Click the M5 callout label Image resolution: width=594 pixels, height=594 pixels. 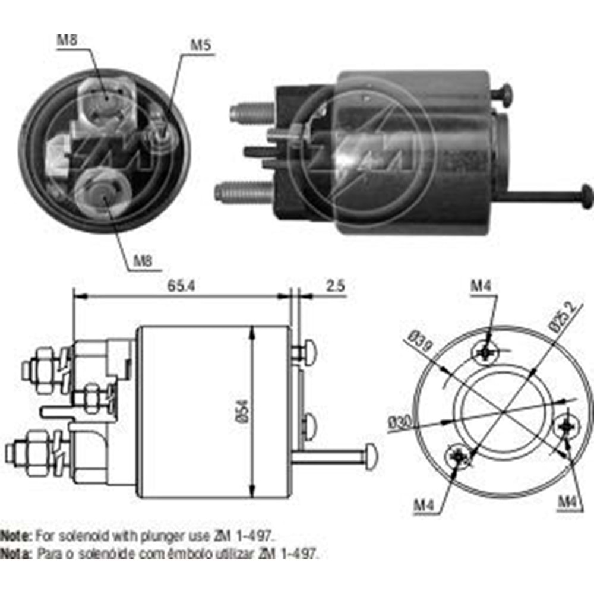coord(200,45)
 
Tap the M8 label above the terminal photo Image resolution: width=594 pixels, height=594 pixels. coord(68,41)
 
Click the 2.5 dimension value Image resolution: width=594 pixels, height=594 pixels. coord(335,286)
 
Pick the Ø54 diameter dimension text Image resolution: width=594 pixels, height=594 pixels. coord(245,410)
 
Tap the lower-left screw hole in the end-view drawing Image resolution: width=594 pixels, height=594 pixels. coord(459,456)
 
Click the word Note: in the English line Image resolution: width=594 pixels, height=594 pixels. coord(16,536)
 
